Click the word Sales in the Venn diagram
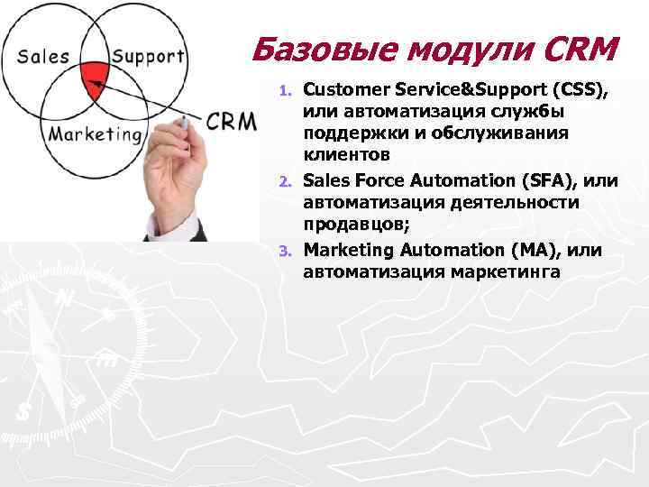click(43, 56)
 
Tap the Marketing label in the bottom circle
click(95, 135)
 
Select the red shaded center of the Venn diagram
click(94, 78)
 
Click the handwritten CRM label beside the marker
click(231, 122)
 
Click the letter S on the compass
click(24, 410)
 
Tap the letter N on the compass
click(66, 299)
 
